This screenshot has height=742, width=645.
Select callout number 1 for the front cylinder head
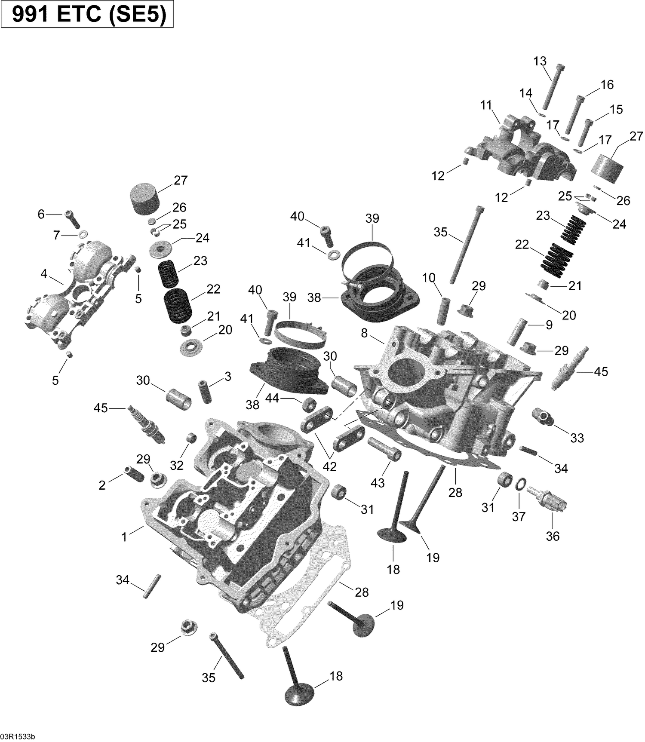click(125, 537)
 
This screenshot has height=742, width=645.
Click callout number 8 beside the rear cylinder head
click(364, 333)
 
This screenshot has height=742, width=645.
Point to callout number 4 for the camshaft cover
click(44, 273)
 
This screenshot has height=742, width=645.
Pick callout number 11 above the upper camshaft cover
click(486, 105)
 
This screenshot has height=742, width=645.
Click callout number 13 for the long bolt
click(540, 61)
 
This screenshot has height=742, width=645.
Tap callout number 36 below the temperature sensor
click(553, 536)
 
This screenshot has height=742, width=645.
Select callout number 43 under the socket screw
click(378, 483)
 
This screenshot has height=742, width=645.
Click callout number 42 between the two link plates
click(330, 466)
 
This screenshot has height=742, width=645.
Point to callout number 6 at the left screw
click(41, 214)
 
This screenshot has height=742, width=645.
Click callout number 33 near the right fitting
click(577, 438)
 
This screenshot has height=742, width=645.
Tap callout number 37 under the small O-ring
click(519, 516)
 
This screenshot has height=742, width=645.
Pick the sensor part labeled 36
click(547, 500)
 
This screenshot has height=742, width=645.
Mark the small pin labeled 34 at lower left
click(151, 586)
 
